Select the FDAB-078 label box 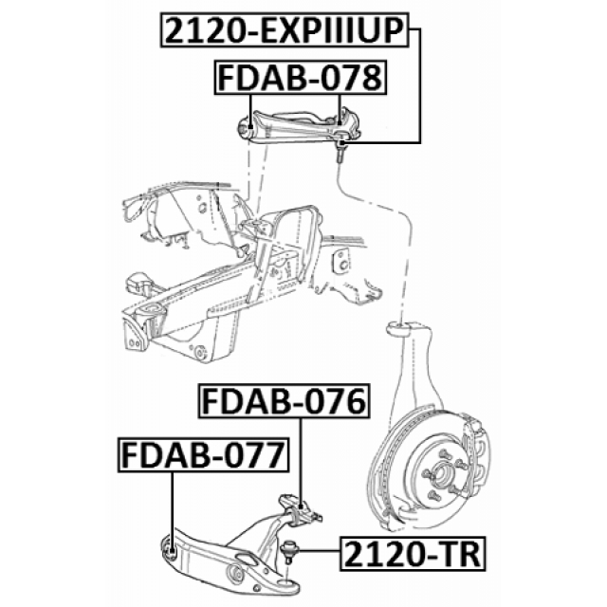tap(299, 77)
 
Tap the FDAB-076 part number tap(282, 404)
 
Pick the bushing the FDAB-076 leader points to tap(303, 510)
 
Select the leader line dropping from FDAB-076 tap(302, 455)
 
